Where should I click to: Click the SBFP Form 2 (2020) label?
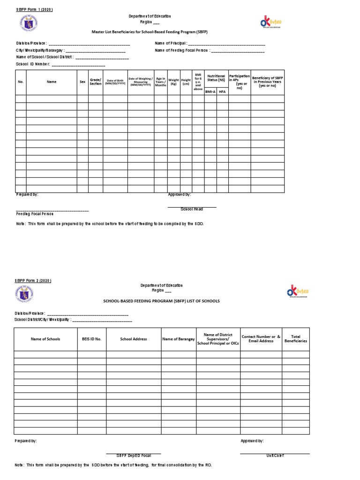[x=32, y=280]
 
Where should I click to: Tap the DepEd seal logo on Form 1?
[x=27, y=22]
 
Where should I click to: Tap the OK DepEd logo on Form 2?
[x=297, y=292]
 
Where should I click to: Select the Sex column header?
[x=82, y=82]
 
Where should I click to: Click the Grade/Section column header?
[x=96, y=82]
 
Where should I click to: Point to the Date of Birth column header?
[x=115, y=82]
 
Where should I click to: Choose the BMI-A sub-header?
[x=210, y=92]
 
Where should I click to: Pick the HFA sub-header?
[x=222, y=92]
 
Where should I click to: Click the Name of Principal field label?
[x=171, y=44]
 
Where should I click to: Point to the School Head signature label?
[x=192, y=209]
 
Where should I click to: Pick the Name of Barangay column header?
[x=178, y=339]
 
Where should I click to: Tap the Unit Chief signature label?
[x=275, y=455]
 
